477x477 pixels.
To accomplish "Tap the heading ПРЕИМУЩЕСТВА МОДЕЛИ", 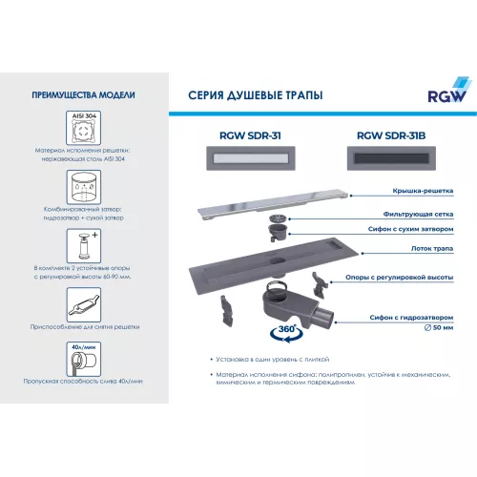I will (x=83, y=95).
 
